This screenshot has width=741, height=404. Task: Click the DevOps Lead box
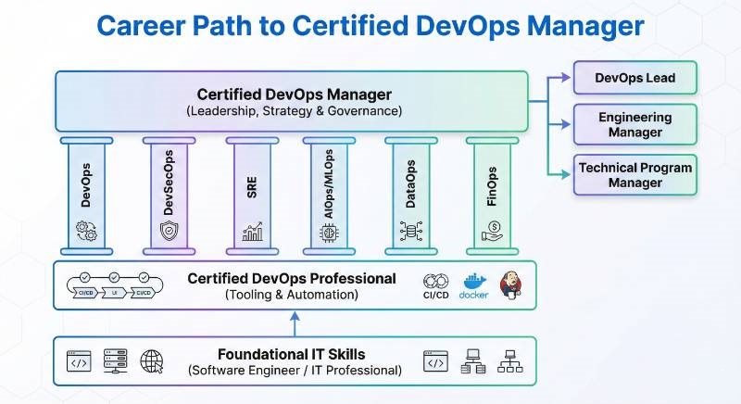pos(634,79)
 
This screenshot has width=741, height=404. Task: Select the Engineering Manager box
pos(634,124)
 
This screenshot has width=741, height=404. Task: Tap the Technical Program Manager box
pos(634,174)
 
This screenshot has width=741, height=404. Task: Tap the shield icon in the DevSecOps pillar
pos(169,231)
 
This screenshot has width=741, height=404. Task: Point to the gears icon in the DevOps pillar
pos(86,231)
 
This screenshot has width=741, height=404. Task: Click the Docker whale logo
pos(473,284)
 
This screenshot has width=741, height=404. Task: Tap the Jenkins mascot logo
pos(510,284)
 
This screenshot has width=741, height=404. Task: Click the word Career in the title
pos(146,25)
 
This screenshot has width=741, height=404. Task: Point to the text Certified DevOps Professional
pos(292,278)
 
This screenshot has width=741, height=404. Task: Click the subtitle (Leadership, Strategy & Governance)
pos(294,111)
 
